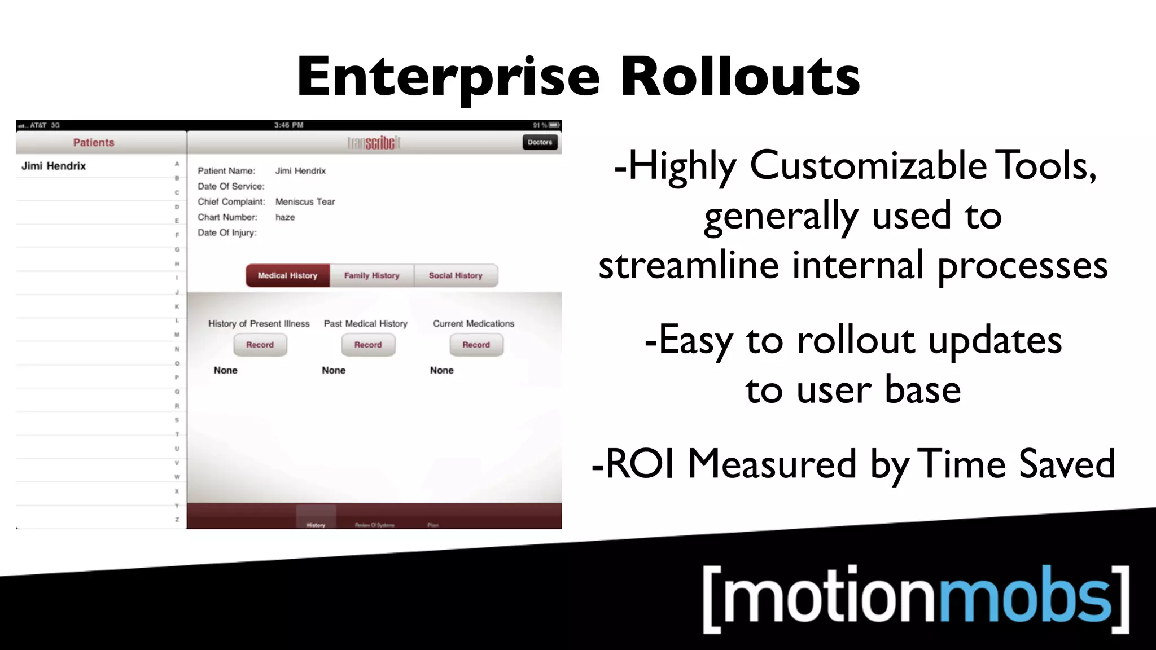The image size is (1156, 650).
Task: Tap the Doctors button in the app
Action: coord(540,142)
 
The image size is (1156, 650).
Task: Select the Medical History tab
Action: coord(287,275)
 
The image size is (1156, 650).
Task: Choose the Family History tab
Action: coord(371,275)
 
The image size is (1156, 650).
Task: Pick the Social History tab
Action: coord(456,275)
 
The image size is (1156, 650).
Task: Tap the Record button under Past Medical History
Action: coord(368,345)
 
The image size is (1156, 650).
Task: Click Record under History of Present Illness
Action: coord(260,345)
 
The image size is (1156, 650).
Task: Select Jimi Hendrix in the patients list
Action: coord(54,166)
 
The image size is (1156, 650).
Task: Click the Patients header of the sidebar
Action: coord(94,142)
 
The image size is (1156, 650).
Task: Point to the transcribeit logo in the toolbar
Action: coord(374,143)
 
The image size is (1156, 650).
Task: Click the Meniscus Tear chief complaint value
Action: coord(305,201)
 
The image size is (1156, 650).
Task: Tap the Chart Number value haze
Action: coord(285,217)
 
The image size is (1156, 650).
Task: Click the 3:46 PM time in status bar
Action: coord(288,125)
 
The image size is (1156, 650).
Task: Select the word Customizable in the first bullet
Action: coord(868,166)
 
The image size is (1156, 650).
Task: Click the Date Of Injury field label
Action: coord(227,232)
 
